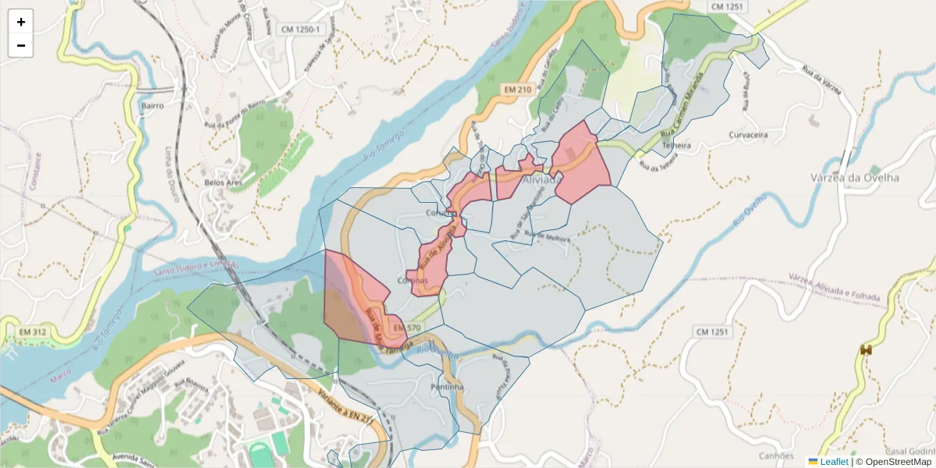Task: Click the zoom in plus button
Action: pos(21,22)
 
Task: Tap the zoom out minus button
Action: pos(21,45)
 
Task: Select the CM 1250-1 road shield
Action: pos(300,30)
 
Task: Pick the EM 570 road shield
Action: pos(408,328)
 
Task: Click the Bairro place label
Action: pos(153,105)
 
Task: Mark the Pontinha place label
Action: pos(447,387)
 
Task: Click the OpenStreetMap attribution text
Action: pos(898,462)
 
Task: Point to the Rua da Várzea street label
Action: pos(821,79)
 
